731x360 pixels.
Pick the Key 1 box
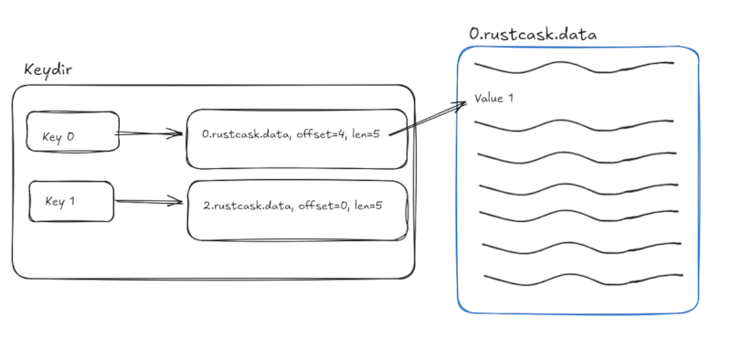point(71,200)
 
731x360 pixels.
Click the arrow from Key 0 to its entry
point(151,134)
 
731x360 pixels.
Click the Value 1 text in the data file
point(493,98)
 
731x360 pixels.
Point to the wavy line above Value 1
point(574,67)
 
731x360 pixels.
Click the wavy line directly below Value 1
point(574,125)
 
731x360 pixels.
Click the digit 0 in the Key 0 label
point(70,138)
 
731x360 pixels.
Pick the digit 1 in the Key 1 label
point(71,200)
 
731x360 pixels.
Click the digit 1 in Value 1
point(510,98)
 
